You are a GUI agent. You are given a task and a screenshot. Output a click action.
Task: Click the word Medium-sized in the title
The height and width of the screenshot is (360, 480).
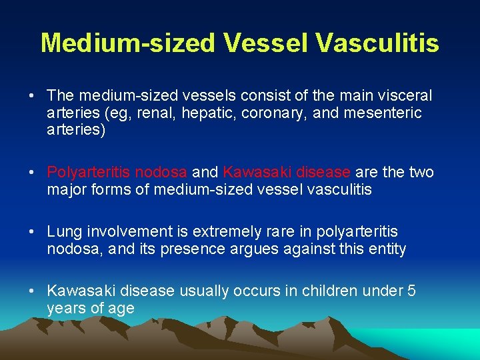pos(128,43)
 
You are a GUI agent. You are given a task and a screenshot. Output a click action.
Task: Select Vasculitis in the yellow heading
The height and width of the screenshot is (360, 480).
pos(377,43)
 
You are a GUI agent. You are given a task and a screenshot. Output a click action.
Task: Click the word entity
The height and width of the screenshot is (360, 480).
pos(384,249)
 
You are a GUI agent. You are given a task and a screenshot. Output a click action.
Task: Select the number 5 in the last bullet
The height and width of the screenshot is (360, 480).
pos(411,291)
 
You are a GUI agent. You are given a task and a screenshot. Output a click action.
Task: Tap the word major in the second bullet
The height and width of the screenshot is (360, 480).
pos(66,190)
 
